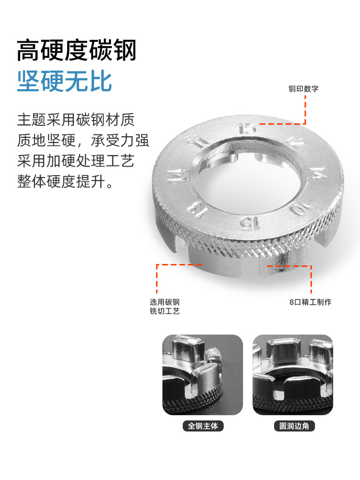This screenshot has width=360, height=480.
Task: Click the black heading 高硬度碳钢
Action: tap(76, 50)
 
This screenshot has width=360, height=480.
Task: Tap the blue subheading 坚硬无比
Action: tap(65, 81)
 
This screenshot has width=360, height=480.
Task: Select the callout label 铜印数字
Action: tap(303, 89)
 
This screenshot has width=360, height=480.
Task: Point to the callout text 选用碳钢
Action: tap(165, 302)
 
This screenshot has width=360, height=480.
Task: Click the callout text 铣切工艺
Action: tap(165, 311)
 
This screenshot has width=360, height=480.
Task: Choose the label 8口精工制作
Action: tap(311, 302)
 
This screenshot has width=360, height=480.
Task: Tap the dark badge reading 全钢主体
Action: tap(203, 426)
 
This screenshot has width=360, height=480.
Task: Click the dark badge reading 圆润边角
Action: tap(294, 426)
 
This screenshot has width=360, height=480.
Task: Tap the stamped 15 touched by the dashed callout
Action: tap(247, 129)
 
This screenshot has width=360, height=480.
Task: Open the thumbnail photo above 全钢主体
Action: tap(203, 375)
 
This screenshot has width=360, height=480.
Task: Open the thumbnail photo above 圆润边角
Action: tap(293, 375)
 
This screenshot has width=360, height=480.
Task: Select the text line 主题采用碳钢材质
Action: tap(76, 120)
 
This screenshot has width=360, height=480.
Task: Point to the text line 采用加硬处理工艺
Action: tap(76, 161)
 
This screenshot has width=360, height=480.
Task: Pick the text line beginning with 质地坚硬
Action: tap(83, 140)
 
